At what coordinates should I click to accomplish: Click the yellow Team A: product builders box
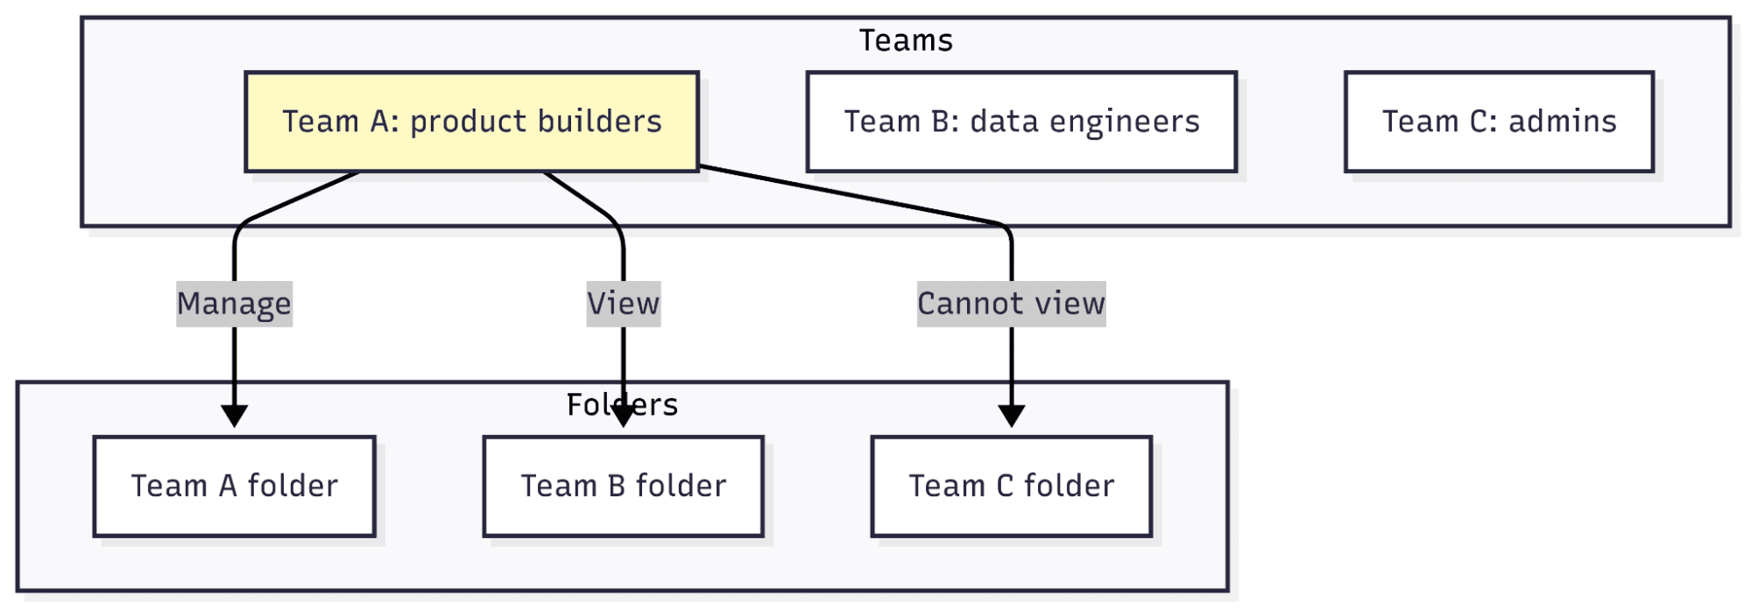coord(471,122)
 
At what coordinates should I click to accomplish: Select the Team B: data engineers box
coord(1021,122)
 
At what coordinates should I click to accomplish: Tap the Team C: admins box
coord(1499,122)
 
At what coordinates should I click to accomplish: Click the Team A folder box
coord(234,486)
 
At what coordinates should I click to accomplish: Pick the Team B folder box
coord(623,486)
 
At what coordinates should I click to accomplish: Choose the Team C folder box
coord(1011,486)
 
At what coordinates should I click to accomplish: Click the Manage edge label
coord(234,304)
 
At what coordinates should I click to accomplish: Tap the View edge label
coord(623,304)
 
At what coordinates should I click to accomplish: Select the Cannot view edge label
coord(1011,304)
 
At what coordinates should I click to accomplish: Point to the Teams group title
coord(905,40)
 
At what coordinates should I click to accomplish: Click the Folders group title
coord(622,404)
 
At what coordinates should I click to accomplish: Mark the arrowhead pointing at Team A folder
coord(234,416)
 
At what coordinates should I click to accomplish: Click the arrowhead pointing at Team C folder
coord(1011,416)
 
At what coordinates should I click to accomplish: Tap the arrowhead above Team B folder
coord(623,416)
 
